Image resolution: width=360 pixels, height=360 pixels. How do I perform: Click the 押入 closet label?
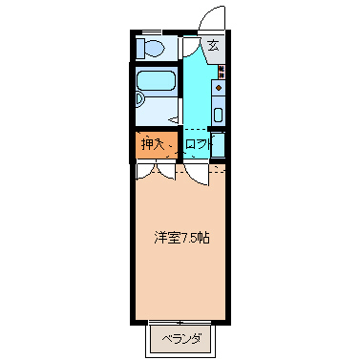coord(153,145)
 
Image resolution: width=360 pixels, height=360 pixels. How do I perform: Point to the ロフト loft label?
coord(197,145)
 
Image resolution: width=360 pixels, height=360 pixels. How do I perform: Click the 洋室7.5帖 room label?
coord(181,237)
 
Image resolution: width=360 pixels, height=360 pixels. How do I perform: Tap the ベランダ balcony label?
coord(180,338)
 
